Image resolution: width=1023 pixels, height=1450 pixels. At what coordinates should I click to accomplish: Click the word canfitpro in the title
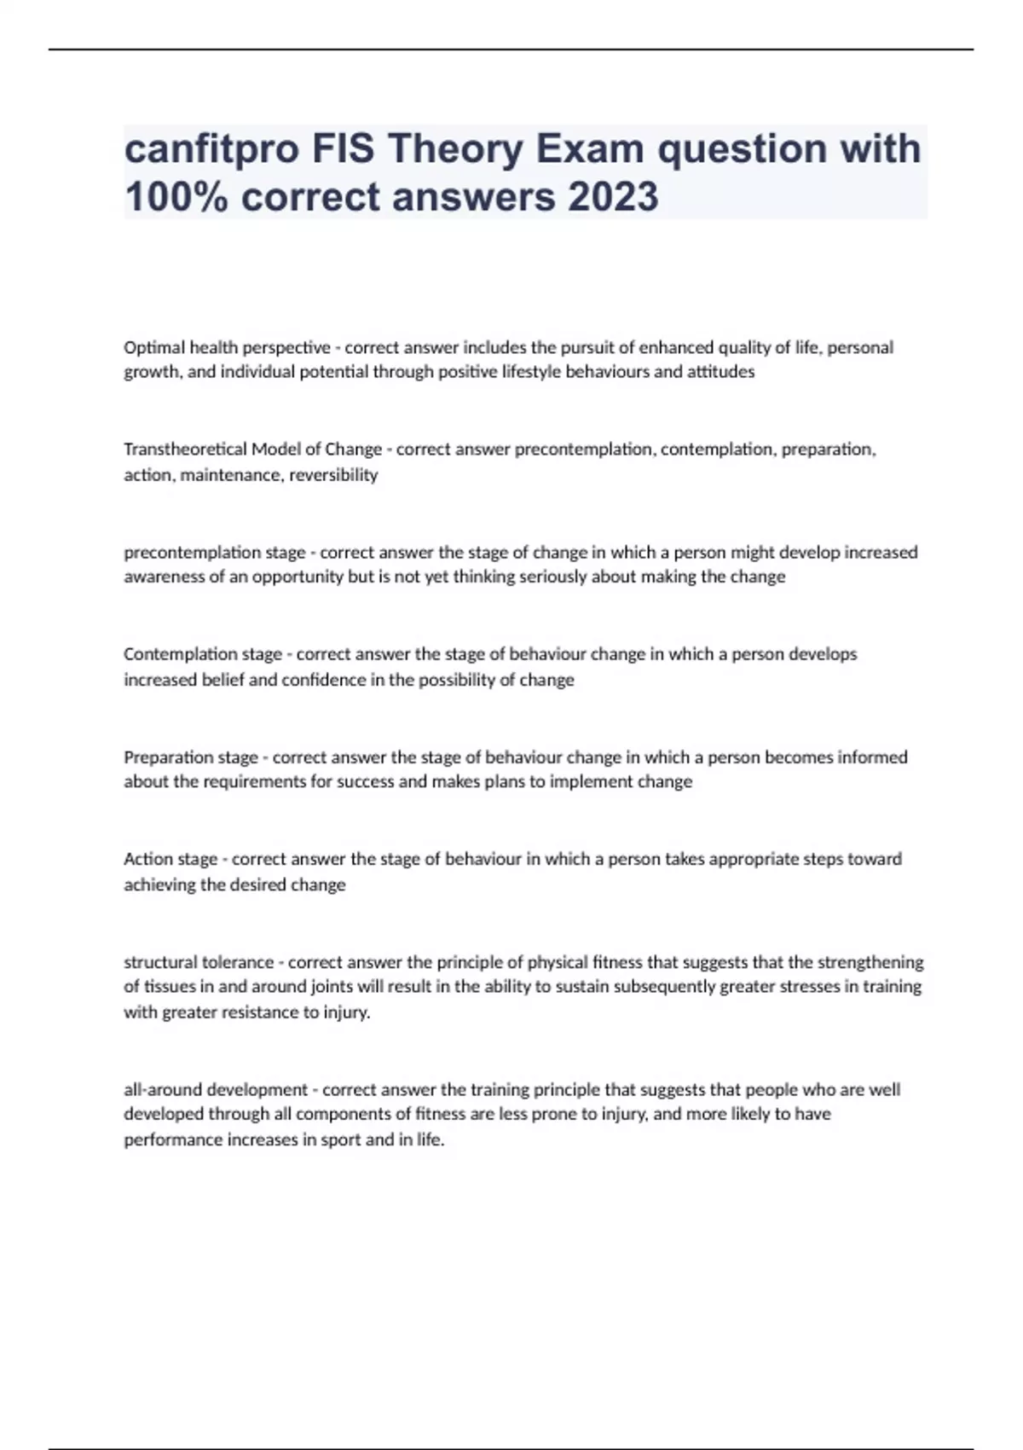(211, 149)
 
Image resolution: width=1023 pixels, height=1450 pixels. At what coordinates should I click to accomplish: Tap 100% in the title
(176, 197)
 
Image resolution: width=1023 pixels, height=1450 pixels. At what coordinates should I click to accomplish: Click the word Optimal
(154, 347)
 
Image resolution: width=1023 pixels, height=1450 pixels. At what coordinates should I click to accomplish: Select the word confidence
(324, 680)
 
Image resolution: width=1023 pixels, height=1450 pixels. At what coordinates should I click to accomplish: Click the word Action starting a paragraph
(147, 859)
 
